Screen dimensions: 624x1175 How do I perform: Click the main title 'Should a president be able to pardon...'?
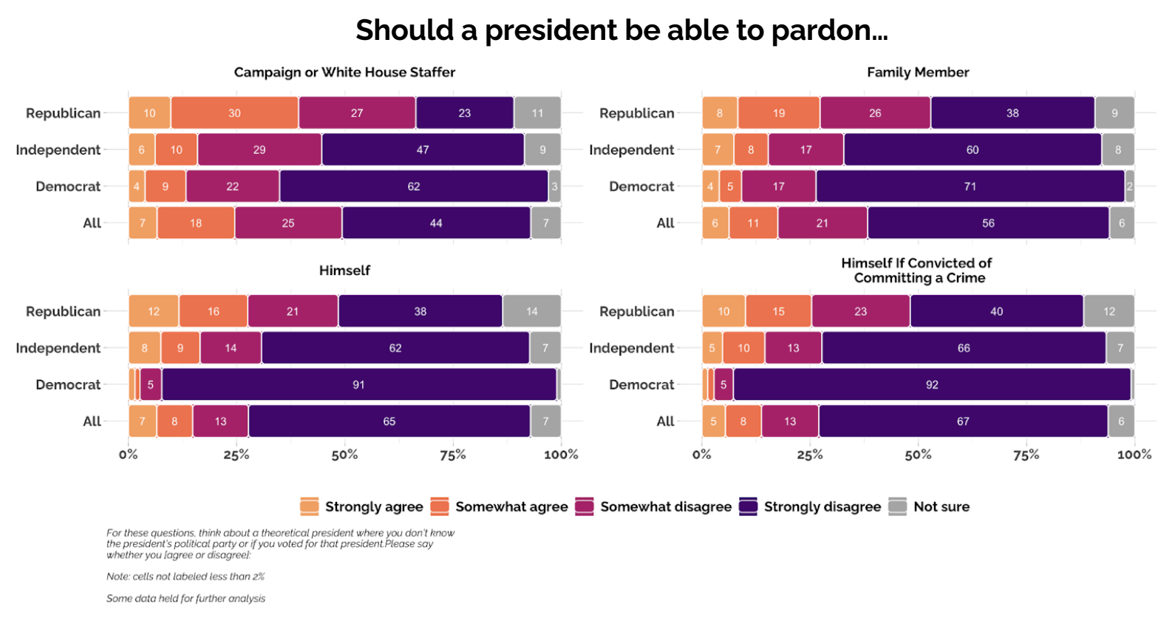click(x=621, y=30)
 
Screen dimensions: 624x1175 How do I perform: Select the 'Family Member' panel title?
click(x=917, y=72)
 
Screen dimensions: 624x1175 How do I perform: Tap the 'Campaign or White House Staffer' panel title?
click(x=344, y=72)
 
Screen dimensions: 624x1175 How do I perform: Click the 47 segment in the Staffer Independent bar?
click(x=423, y=150)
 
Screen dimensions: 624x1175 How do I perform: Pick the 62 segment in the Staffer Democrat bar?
click(x=414, y=186)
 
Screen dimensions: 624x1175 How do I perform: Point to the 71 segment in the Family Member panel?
click(x=970, y=186)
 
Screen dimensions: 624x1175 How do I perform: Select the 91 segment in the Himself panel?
click(x=358, y=384)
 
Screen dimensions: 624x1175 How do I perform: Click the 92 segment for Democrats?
click(x=932, y=384)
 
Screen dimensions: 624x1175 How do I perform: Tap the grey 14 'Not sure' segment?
click(x=532, y=311)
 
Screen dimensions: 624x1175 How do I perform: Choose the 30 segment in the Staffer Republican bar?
click(x=234, y=113)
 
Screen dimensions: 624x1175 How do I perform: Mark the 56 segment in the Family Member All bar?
click(x=988, y=223)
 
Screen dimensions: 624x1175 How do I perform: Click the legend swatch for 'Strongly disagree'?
click(x=749, y=506)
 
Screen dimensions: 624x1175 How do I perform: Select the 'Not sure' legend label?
click(x=941, y=506)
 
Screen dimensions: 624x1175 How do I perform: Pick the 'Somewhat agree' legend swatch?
click(x=440, y=506)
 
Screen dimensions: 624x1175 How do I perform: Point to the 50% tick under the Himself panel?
click(x=344, y=455)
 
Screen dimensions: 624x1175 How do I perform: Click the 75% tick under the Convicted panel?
click(x=1026, y=455)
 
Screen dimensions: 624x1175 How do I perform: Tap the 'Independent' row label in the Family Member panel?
click(x=631, y=150)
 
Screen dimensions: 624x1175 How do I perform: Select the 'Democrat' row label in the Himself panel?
click(x=68, y=384)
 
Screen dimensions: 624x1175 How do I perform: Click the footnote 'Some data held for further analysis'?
click(x=185, y=598)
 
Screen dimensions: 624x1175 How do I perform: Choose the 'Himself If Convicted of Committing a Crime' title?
click(x=916, y=271)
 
